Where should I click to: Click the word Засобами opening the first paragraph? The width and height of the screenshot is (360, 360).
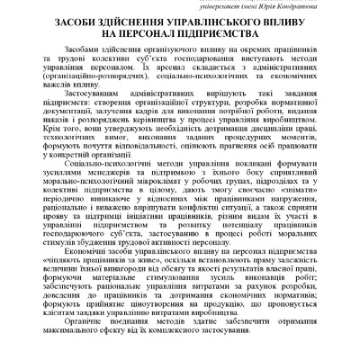(x=85, y=55)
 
